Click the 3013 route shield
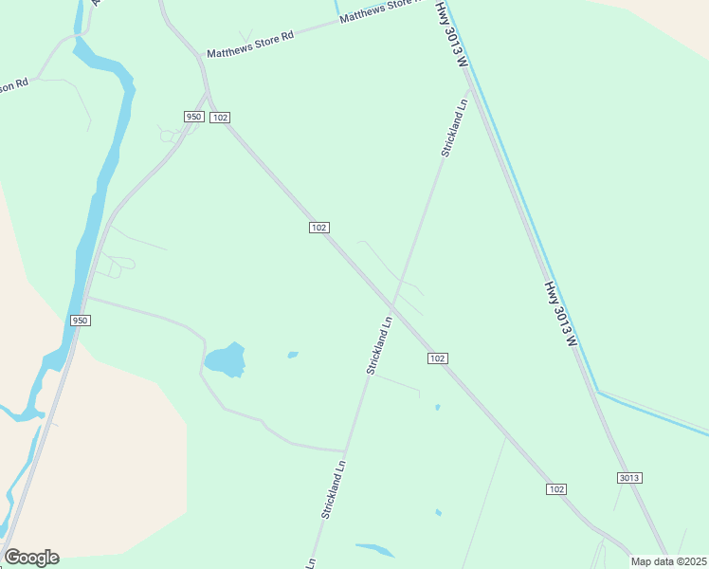coord(629,478)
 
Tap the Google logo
coord(31,558)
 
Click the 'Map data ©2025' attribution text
coord(669,561)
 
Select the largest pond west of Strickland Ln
coord(225,359)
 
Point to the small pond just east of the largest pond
coord(293,355)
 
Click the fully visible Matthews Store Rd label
coord(251,44)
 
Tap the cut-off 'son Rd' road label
coord(14,85)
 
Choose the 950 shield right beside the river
coord(80,321)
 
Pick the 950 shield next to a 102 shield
coord(193,117)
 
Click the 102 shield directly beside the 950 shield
coord(220,117)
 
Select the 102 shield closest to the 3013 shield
coord(556,488)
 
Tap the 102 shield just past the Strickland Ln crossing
coord(437,358)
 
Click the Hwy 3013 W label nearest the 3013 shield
coord(560,313)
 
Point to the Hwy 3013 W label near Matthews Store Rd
coord(452,33)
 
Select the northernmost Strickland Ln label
coord(454,127)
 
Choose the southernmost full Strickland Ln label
coord(334,489)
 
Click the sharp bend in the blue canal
coord(598,391)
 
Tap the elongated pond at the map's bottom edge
coord(375,549)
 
